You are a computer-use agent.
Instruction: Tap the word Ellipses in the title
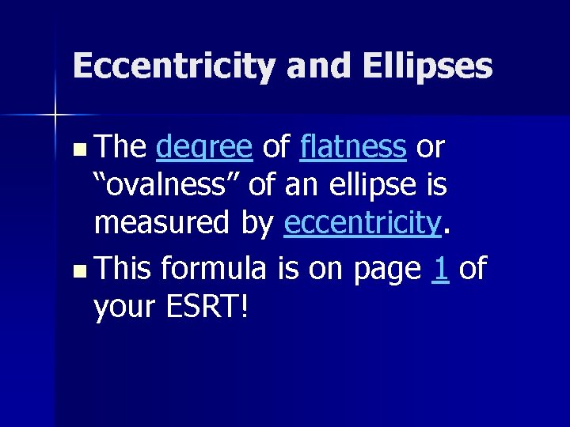click(x=427, y=66)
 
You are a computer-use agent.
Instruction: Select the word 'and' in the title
click(x=321, y=66)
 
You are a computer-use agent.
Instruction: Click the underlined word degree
click(x=204, y=147)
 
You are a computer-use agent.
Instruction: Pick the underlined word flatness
click(x=353, y=146)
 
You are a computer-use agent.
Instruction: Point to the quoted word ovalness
click(x=167, y=186)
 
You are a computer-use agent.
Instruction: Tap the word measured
click(x=164, y=225)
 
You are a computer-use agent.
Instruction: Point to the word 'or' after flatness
click(x=431, y=147)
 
